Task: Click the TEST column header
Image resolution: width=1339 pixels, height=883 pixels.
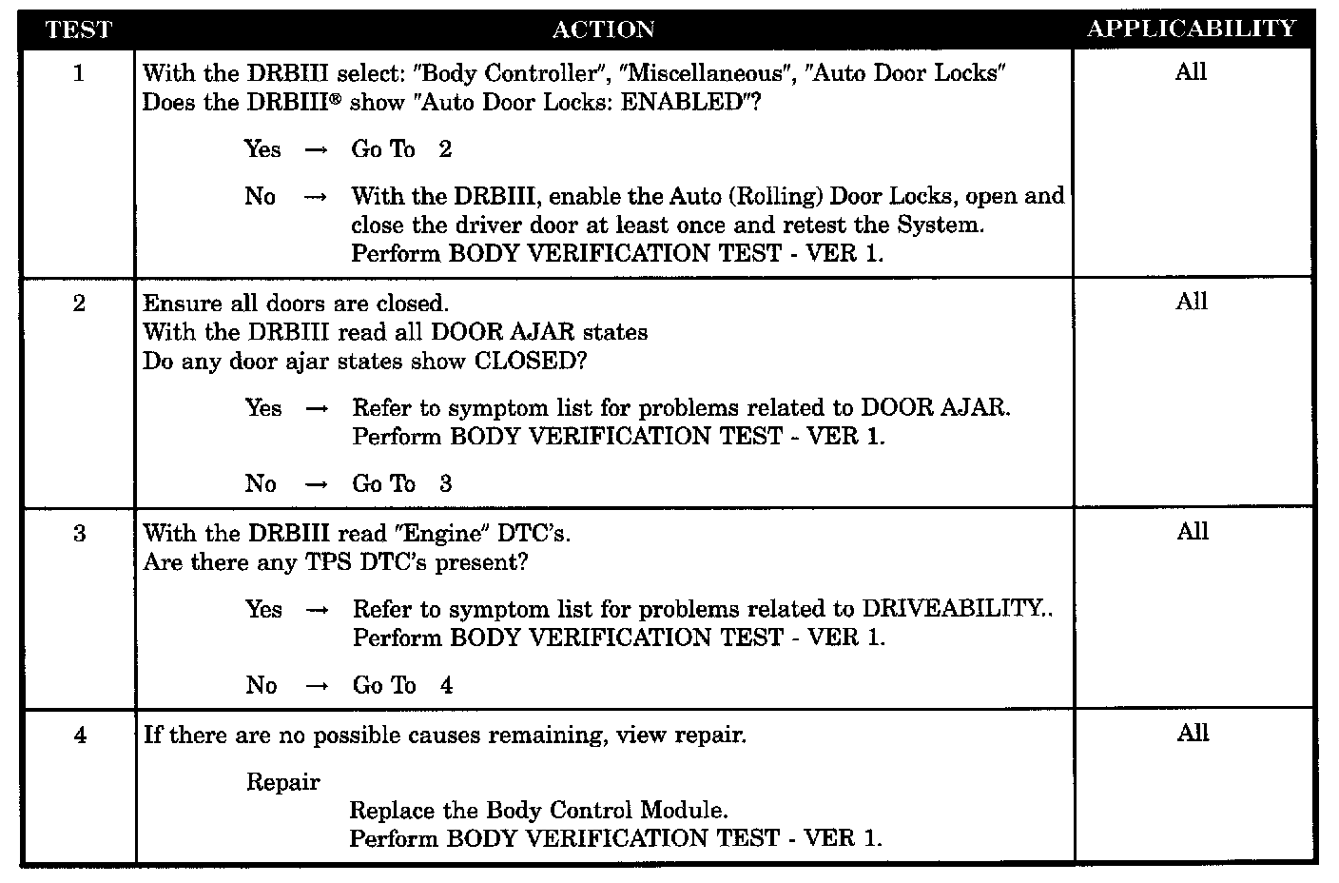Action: click(x=78, y=29)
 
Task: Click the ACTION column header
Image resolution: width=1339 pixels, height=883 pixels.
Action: click(x=603, y=29)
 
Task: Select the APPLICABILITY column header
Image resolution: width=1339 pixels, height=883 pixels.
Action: click(x=1192, y=29)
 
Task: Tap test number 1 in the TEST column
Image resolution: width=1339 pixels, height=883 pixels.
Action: click(x=78, y=73)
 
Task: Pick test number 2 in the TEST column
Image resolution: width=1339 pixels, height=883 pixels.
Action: click(x=79, y=304)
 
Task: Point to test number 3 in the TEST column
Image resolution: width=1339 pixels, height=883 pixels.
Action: click(x=79, y=534)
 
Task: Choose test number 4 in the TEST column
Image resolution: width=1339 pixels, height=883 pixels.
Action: click(x=79, y=736)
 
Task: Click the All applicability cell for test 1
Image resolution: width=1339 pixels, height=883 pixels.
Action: click(x=1191, y=72)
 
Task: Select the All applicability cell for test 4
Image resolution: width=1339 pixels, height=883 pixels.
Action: click(x=1193, y=734)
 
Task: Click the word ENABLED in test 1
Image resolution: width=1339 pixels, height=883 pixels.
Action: click(x=680, y=103)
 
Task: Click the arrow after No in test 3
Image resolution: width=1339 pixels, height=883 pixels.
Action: click(x=318, y=686)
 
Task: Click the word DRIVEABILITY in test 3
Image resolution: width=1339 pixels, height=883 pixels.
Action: click(x=952, y=609)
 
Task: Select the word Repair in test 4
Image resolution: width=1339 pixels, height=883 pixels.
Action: click(x=283, y=782)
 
